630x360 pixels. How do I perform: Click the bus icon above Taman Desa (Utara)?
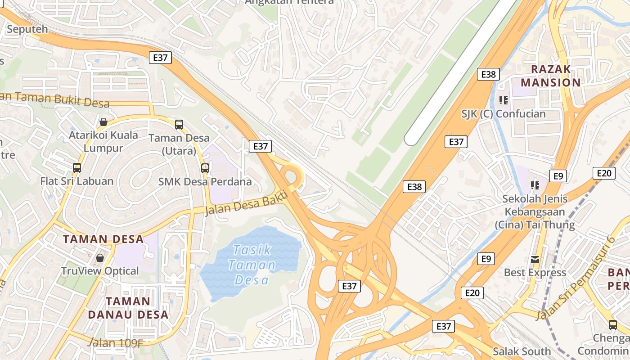179,124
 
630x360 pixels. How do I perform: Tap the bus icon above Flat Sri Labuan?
77,168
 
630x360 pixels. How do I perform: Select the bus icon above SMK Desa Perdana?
205,168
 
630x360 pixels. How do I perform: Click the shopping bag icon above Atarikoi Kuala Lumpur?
103,122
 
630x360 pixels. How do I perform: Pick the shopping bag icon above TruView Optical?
100,258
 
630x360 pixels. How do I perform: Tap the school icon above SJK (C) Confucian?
503,100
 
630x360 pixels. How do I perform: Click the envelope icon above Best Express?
535,259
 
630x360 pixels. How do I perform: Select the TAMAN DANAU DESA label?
128,307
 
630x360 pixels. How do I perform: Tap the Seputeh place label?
27,29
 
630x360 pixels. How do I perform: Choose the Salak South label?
522,351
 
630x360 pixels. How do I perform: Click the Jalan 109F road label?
116,343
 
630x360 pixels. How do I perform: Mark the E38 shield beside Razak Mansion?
488,74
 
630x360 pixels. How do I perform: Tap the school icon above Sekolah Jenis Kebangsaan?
535,185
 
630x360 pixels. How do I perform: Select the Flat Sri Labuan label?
77,181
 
